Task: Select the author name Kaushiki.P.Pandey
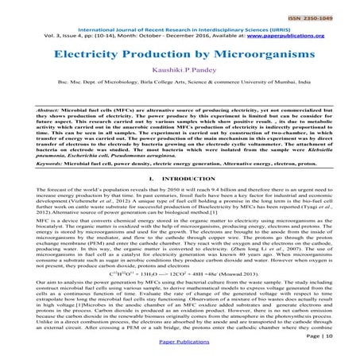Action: [180, 72]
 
